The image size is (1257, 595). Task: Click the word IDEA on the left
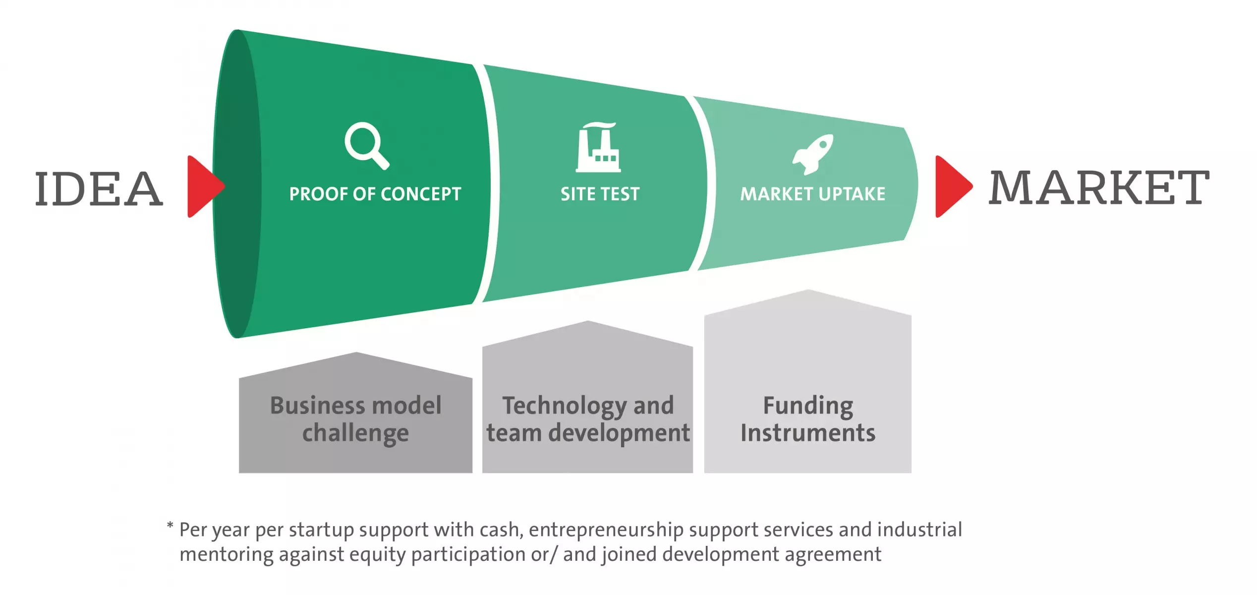coord(99,188)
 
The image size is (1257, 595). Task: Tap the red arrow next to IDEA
coord(206,186)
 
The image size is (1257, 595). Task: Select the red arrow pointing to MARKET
coord(954,186)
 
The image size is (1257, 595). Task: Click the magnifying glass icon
coord(366,145)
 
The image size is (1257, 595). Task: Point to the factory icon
coord(598,147)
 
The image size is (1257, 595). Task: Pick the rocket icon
coord(812,154)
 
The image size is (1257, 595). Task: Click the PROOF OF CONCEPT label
coord(375,194)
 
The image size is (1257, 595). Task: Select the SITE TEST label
coord(600,194)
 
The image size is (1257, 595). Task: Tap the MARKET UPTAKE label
coord(813,194)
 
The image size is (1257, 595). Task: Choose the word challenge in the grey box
coord(355,433)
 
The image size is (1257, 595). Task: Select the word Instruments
coord(808,433)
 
